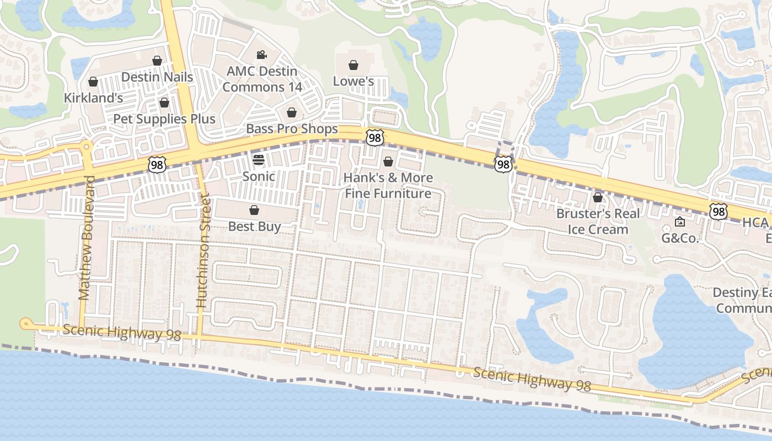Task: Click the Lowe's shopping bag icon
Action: coord(353,65)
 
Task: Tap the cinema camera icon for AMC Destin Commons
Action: coord(261,55)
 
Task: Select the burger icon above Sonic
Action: coord(259,160)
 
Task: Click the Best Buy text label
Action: coord(255,226)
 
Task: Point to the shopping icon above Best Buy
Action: coord(254,210)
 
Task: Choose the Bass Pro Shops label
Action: coord(292,129)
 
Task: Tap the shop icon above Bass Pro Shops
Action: coord(292,112)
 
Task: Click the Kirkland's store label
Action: coord(93,98)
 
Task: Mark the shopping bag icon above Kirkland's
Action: coord(93,82)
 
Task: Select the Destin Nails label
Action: coord(157,77)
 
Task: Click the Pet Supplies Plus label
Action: coord(164,119)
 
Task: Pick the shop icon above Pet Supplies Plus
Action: coord(164,103)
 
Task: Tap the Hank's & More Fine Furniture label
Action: coord(388,186)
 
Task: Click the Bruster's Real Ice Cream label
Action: coord(598,221)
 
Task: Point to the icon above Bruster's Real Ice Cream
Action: coord(598,197)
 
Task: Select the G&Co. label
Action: coord(680,238)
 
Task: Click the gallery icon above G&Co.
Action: coord(680,222)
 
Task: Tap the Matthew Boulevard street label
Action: coord(87,238)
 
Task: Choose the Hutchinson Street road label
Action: coord(203,251)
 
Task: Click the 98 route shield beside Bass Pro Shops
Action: coord(374,138)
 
